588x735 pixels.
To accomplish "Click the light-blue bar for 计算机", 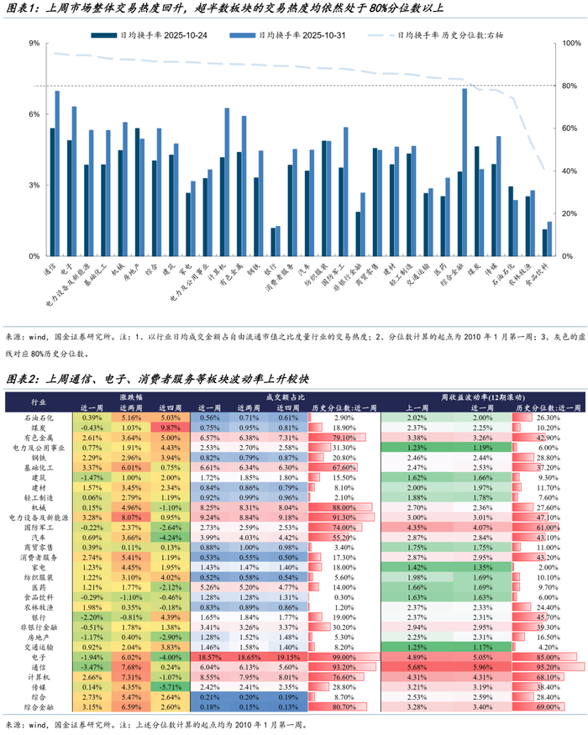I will pos(227,181).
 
